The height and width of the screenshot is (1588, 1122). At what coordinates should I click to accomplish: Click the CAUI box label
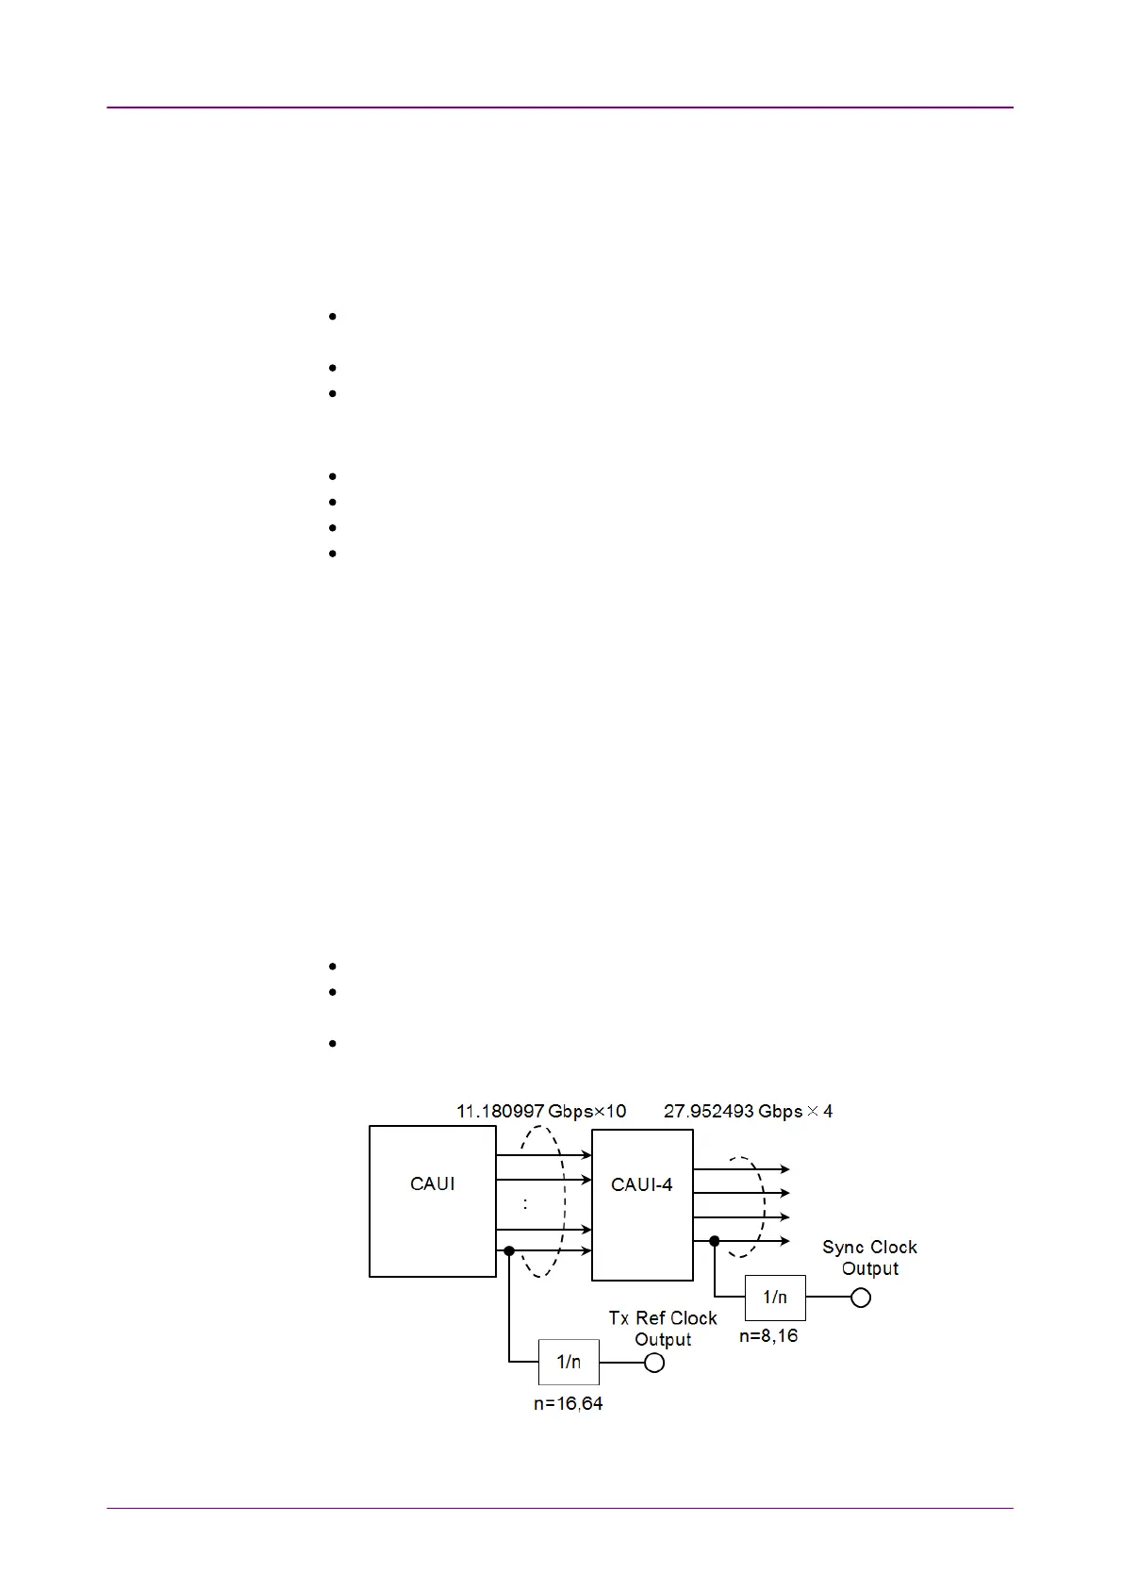tap(432, 1183)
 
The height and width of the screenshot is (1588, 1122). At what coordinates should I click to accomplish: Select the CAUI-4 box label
tap(641, 1184)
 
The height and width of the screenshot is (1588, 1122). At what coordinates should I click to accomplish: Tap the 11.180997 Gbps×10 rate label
tap(541, 1111)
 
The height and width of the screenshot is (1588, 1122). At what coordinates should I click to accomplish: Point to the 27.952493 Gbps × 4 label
tap(748, 1111)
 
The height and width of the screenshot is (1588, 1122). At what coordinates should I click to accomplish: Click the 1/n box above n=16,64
tap(569, 1362)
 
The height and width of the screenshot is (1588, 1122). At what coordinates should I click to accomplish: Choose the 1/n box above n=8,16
tap(775, 1298)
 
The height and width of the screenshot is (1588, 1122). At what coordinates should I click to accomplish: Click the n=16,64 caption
tap(568, 1403)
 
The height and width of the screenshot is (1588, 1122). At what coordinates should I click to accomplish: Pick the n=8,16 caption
tap(768, 1335)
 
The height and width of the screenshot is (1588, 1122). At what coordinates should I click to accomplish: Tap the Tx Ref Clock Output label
tap(663, 1329)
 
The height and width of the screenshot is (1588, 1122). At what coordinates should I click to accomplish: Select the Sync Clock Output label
tap(869, 1258)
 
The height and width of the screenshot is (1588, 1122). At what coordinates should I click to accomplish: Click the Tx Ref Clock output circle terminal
tap(654, 1363)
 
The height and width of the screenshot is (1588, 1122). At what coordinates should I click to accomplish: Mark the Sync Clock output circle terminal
tap(861, 1298)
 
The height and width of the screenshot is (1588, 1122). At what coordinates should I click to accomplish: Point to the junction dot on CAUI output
tap(509, 1251)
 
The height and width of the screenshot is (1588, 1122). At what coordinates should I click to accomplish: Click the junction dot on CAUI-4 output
tap(715, 1241)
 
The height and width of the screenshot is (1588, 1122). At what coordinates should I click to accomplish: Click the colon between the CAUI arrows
tap(525, 1204)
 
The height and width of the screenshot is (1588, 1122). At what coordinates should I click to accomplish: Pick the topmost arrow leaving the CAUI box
tap(543, 1154)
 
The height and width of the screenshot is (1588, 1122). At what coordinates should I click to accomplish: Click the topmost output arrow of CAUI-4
tap(741, 1169)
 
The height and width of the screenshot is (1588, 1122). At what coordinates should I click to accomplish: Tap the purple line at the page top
tap(560, 108)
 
